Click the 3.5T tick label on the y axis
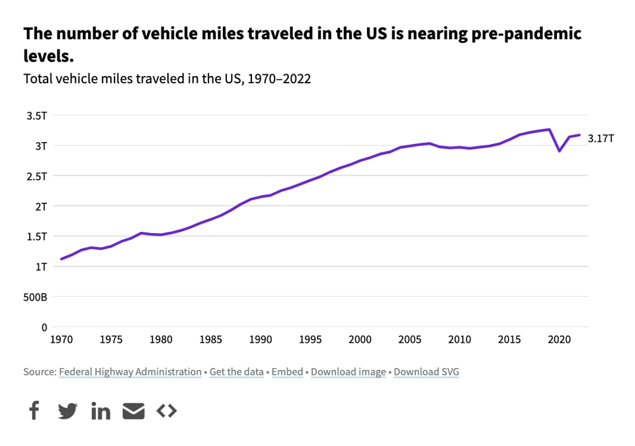click(37, 116)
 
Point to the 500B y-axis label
click(36, 297)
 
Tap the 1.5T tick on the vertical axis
click(37, 237)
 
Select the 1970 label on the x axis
click(61, 340)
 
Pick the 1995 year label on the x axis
click(310, 340)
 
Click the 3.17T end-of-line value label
click(601, 138)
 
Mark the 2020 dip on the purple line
click(560, 151)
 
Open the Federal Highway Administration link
click(130, 372)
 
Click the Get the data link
click(237, 372)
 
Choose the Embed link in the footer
click(287, 372)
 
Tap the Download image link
click(348, 372)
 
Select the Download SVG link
click(426, 372)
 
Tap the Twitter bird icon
click(67, 411)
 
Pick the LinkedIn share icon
click(101, 411)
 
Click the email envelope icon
click(134, 411)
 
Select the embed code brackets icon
click(167, 411)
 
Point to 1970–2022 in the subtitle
click(277, 79)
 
